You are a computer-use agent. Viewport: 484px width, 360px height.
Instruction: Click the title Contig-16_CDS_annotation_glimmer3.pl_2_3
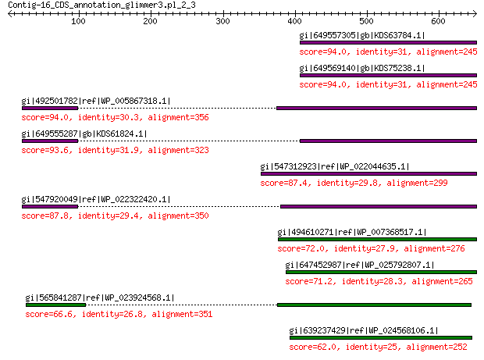pyautogui.click(x=101, y=5)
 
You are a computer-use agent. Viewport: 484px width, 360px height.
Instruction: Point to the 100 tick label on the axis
pyautogui.click(x=78, y=21)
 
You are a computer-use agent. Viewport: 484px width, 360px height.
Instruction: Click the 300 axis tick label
pyautogui.click(x=222, y=21)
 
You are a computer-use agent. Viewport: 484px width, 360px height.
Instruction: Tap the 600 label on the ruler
pyautogui.click(x=438, y=21)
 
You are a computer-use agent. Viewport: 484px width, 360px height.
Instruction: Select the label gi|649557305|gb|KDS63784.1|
pyautogui.click(x=362, y=35)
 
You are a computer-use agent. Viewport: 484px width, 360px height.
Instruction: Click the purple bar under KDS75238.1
pyautogui.click(x=388, y=75)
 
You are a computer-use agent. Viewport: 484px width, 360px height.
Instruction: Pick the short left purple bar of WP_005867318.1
pyautogui.click(x=50, y=108)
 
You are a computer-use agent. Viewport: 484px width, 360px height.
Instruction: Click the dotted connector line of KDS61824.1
pyautogui.click(x=189, y=141)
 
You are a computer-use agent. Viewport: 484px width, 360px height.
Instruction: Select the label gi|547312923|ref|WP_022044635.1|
pyautogui.click(x=335, y=166)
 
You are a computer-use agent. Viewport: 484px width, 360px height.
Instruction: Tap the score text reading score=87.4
pyautogui.click(x=283, y=183)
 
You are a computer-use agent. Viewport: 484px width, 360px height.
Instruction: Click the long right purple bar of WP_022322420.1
pyautogui.click(x=379, y=206)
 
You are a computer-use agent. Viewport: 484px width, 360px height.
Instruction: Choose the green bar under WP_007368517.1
pyautogui.click(x=378, y=239)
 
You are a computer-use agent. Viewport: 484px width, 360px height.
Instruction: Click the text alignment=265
pyautogui.click(x=442, y=281)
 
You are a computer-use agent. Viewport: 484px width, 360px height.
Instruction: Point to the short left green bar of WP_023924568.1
pyautogui.click(x=56, y=305)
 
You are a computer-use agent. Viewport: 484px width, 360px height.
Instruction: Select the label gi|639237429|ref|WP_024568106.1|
pyautogui.click(x=364, y=330)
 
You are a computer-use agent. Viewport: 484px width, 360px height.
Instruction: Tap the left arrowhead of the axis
pyautogui.click(x=10, y=13)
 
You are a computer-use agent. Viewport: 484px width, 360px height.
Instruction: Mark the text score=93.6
pyautogui.click(x=45, y=151)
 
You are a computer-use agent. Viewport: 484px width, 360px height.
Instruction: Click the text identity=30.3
pyautogui.click(x=108, y=118)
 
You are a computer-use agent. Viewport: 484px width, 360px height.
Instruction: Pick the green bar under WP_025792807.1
pyautogui.click(x=381, y=272)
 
